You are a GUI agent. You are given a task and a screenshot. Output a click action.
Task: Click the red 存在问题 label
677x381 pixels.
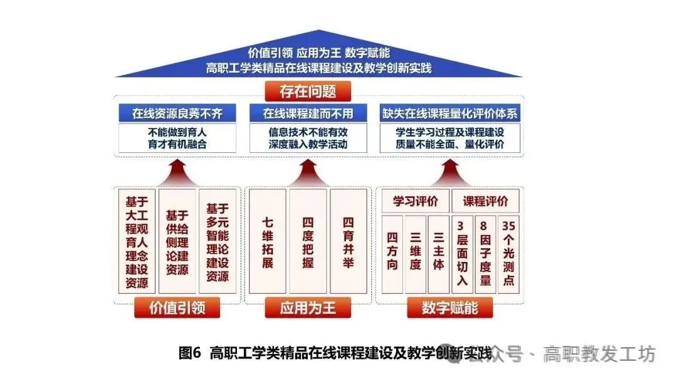point(308,91)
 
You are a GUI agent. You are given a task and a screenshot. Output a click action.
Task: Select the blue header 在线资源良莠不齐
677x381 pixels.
point(177,113)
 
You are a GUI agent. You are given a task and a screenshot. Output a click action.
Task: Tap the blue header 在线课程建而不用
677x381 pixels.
point(308,113)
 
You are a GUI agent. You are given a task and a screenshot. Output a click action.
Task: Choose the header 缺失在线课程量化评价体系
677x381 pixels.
point(450,113)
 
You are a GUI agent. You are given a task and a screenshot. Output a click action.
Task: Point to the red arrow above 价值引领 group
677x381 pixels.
point(177,172)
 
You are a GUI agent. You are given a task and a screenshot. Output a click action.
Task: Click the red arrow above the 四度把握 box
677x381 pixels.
point(308,172)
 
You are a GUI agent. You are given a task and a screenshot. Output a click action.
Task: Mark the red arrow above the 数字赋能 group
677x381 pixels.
point(450,172)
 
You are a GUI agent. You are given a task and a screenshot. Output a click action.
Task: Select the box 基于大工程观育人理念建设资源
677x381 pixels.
point(137,242)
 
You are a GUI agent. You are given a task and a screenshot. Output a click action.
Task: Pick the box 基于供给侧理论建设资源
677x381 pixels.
point(177,242)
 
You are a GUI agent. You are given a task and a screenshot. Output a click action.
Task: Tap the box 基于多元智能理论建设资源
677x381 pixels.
point(218,242)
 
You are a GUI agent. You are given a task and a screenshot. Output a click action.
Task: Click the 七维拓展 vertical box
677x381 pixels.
point(268,242)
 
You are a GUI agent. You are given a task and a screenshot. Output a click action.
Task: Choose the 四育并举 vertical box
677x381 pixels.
point(349,242)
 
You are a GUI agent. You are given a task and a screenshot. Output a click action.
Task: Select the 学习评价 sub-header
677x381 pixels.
point(416,201)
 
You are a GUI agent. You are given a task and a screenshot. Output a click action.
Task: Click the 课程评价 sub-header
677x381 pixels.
point(485,201)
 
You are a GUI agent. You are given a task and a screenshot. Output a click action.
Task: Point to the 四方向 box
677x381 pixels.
point(392,254)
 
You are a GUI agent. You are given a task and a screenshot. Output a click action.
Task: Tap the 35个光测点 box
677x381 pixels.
point(508,254)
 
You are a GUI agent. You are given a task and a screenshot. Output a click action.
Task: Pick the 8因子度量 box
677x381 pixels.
point(485,254)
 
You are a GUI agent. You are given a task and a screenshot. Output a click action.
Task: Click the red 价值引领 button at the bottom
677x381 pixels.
point(177,308)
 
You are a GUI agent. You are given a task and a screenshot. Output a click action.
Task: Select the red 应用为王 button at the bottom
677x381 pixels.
point(308,308)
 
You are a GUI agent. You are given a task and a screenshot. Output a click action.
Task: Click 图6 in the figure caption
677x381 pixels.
point(190,353)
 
